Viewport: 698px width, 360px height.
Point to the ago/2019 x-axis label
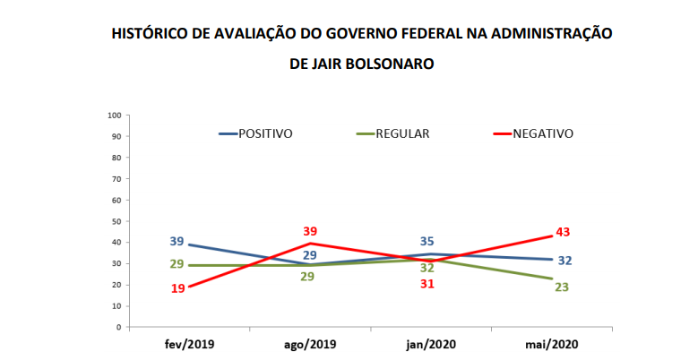pyautogui.click(x=309, y=344)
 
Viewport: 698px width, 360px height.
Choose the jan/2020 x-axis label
pyautogui.click(x=432, y=344)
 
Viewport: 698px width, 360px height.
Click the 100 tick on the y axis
pyautogui.click(x=115, y=116)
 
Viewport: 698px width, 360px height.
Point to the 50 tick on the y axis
pyautogui.click(x=116, y=221)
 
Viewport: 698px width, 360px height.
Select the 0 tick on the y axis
pyautogui.click(x=118, y=327)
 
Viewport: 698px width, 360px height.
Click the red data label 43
pyautogui.click(x=563, y=232)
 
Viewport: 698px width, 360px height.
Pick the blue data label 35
pyautogui.click(x=428, y=241)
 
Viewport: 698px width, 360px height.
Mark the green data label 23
pyautogui.click(x=563, y=287)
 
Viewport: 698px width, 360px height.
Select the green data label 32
pyautogui.click(x=427, y=267)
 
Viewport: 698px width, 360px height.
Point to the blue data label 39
pyautogui.click(x=177, y=242)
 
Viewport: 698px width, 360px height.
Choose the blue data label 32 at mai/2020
pyautogui.click(x=565, y=261)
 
